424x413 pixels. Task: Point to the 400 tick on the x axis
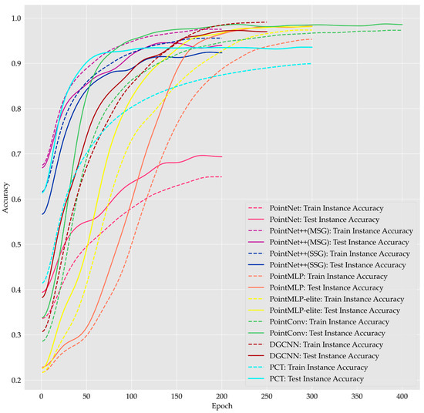pos(402,392)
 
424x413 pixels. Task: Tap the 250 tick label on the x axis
pos(267,392)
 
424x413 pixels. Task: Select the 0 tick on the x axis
pos(42,392)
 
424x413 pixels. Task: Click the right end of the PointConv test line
pos(402,25)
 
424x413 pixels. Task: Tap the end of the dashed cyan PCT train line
pos(311,63)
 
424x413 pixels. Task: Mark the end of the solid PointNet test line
pos(222,156)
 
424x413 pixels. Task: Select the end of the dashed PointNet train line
pos(222,176)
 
